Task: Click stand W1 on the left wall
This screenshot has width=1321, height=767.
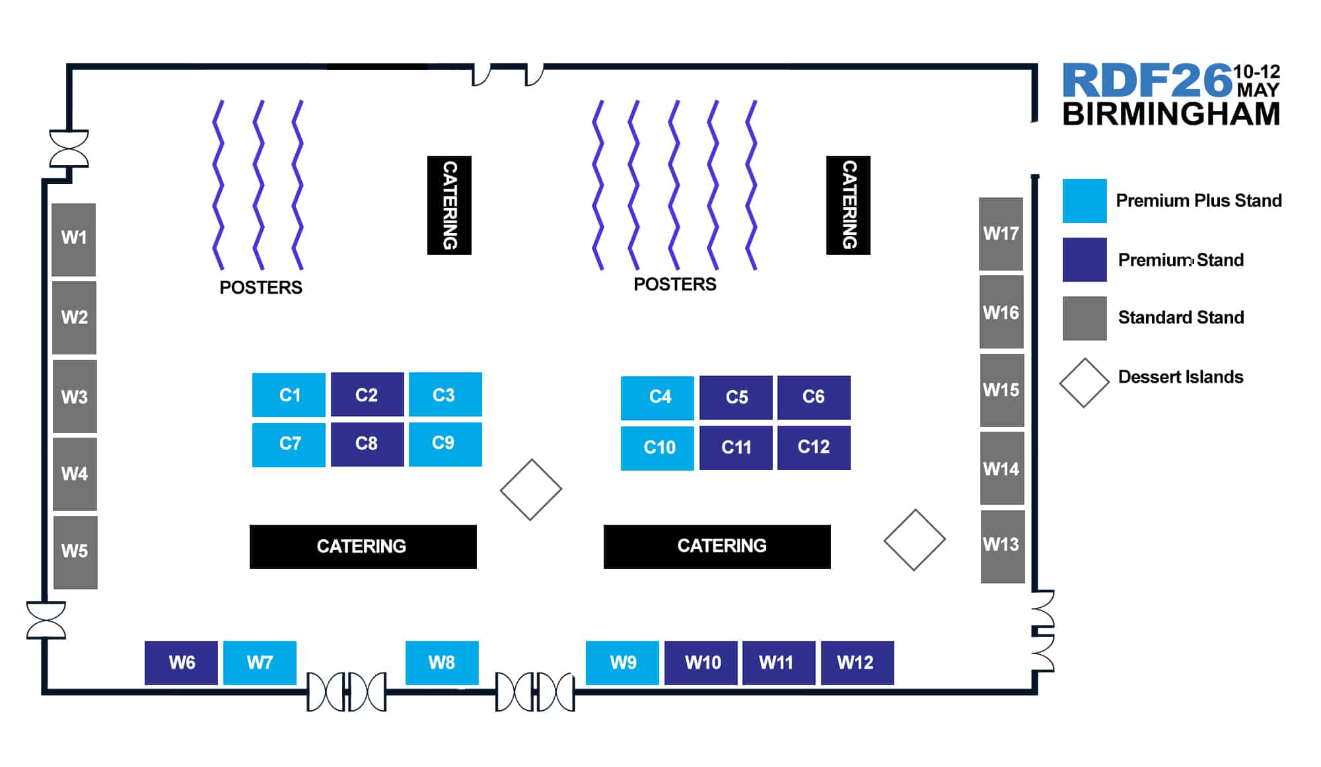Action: click(x=74, y=239)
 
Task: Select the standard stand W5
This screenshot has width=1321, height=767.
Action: click(x=75, y=552)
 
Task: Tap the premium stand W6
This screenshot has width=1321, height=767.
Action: click(x=181, y=662)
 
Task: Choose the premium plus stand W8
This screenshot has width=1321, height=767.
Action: click(x=441, y=662)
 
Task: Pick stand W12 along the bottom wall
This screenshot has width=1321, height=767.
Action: click(x=857, y=662)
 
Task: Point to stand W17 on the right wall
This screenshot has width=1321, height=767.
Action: click(x=1001, y=234)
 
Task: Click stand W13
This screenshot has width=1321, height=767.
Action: click(x=1002, y=546)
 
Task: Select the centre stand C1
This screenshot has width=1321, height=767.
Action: click(x=289, y=395)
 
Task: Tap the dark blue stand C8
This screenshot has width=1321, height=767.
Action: click(x=367, y=444)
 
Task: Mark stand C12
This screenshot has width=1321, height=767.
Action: click(x=813, y=448)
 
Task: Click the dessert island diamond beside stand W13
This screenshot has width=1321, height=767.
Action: click(x=914, y=539)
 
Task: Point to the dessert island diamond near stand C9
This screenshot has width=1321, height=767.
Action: click(x=530, y=489)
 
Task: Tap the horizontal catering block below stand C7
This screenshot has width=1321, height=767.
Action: click(x=363, y=547)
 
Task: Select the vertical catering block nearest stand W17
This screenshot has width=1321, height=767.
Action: click(x=848, y=205)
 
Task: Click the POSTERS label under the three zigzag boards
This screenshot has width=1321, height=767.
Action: click(x=261, y=288)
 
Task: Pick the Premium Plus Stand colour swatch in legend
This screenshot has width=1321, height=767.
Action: click(x=1084, y=201)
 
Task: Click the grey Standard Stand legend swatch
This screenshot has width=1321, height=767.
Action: click(x=1084, y=318)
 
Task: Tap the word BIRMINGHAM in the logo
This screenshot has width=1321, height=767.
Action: click(x=1171, y=114)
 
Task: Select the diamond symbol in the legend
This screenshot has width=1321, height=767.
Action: click(x=1084, y=383)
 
